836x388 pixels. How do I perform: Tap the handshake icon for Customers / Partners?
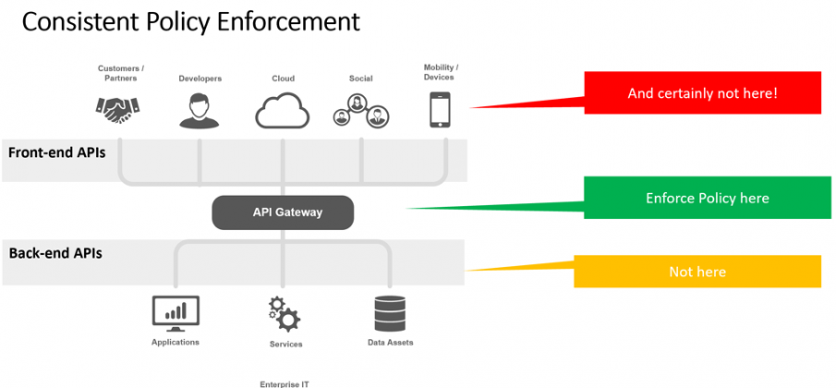[118, 111]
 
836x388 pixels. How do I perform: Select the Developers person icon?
[200, 111]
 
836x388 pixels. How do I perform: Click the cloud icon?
[282, 111]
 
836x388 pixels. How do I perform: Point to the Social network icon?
[360, 113]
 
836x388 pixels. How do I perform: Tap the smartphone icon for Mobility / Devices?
[441, 110]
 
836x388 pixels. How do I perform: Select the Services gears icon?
[284, 314]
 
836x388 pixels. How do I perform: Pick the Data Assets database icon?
[389, 313]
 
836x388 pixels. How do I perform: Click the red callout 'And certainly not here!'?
[701, 93]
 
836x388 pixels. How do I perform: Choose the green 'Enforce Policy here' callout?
[707, 199]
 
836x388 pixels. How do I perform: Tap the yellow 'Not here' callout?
[697, 272]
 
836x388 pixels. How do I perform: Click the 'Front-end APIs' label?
[56, 152]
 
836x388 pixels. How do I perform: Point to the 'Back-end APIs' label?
[55, 251]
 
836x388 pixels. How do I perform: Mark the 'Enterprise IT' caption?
[281, 382]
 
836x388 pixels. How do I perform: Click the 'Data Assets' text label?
[390, 343]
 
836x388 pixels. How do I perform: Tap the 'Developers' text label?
[200, 79]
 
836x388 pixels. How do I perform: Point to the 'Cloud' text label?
[283, 79]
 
